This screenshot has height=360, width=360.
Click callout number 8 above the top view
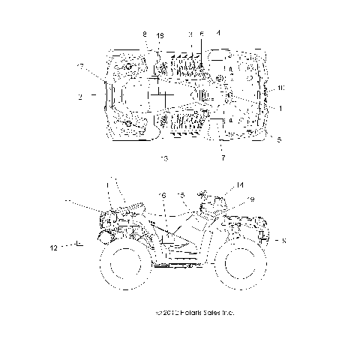point(145,34)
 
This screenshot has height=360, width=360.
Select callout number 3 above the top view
point(190,34)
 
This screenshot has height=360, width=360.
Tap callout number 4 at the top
point(218,33)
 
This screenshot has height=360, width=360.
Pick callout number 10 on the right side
point(280,88)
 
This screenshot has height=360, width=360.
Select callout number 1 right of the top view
point(280,108)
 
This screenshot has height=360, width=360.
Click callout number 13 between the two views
point(164,159)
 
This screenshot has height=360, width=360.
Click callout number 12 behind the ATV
point(53,246)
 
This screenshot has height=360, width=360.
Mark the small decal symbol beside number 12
point(76,244)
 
